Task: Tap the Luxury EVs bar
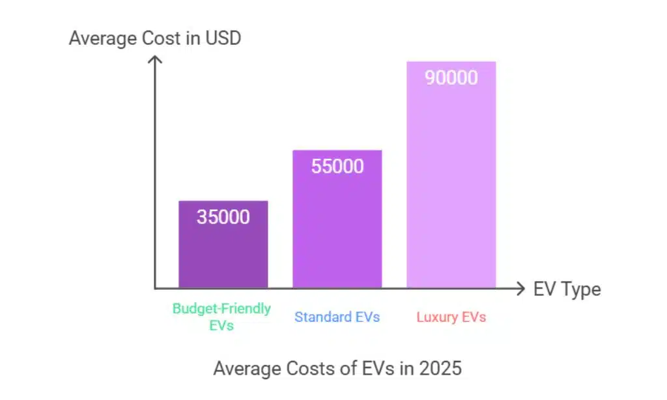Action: [451, 182]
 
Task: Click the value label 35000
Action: [223, 216]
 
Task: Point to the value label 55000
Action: [337, 166]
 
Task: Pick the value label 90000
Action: [451, 78]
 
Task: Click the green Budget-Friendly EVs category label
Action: [221, 317]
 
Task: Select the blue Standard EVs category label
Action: [337, 317]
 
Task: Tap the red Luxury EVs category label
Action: [451, 317]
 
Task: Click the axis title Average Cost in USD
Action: [155, 38]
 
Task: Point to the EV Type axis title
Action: [567, 289]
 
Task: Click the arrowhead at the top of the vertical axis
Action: [155, 60]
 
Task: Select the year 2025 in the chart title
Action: [440, 368]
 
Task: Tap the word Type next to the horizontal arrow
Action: [581, 289]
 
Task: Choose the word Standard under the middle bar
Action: [324, 317]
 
